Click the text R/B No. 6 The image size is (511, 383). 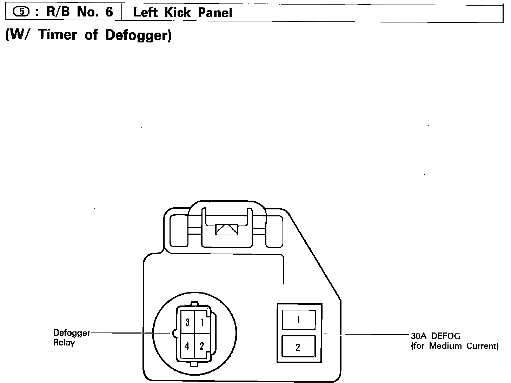click(80, 12)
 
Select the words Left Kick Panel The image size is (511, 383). click(182, 13)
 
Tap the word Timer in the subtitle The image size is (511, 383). click(57, 35)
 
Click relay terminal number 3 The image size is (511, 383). click(187, 321)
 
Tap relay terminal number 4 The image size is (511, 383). click(187, 346)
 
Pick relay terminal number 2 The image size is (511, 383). click(202, 346)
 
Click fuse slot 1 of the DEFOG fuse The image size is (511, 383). click(298, 320)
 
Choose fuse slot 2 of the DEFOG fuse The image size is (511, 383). click(298, 347)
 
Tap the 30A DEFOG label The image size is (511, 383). click(435, 336)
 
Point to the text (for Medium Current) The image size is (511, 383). click(454, 346)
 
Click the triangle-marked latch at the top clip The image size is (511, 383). click(226, 229)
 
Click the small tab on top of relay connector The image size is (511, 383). click(194, 304)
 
